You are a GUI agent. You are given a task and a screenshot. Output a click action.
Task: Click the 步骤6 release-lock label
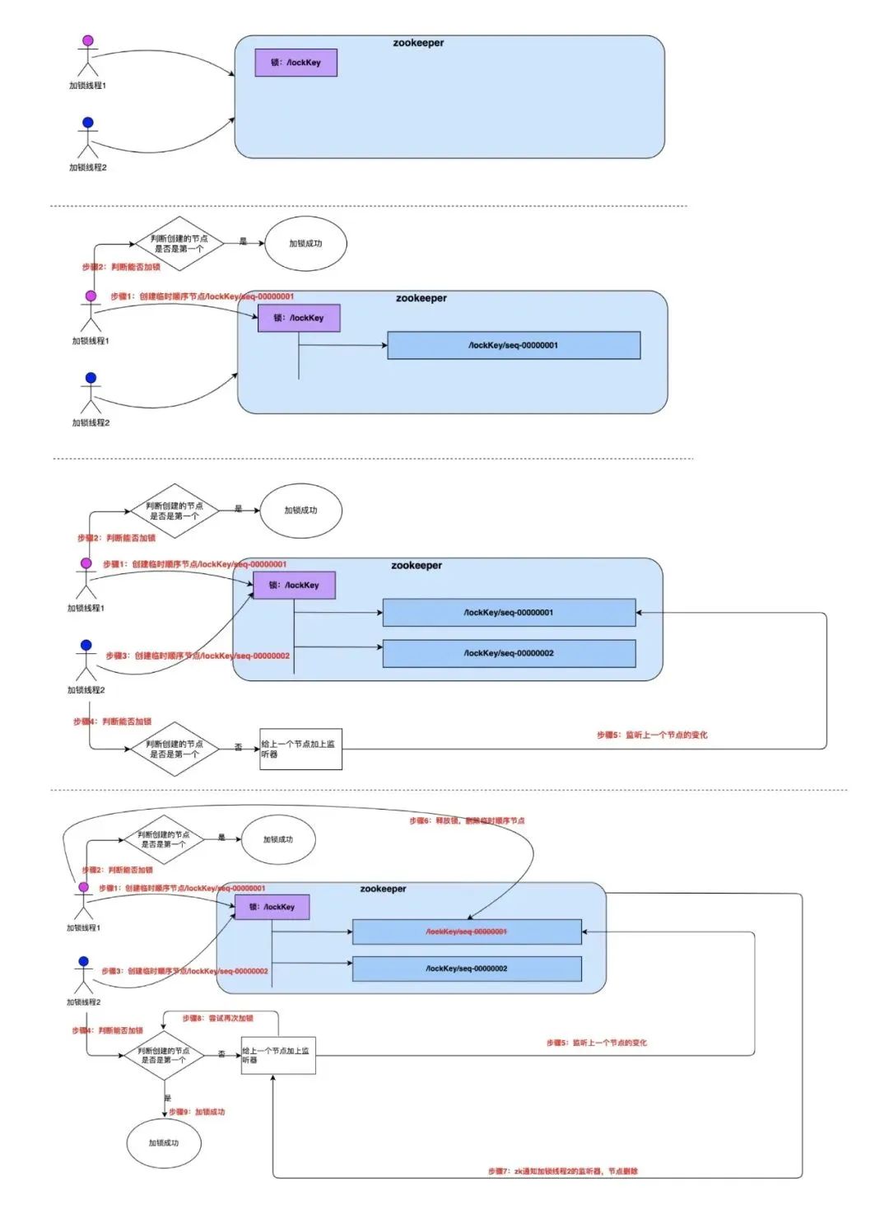(467, 820)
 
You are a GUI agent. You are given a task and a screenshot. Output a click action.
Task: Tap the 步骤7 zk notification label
(562, 1170)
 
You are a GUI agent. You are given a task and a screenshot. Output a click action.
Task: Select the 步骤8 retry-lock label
(217, 1018)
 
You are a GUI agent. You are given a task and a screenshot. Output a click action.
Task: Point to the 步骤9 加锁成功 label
(197, 1112)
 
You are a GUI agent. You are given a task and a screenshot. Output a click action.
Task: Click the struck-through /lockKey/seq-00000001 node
(467, 932)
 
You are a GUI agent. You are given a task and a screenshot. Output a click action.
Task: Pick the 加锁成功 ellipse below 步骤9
(164, 1143)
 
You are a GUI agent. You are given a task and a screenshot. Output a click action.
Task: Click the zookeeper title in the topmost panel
(418, 43)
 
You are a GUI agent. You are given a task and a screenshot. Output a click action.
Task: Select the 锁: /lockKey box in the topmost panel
(296, 63)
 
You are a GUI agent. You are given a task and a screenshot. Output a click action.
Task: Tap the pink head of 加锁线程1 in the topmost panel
(88, 40)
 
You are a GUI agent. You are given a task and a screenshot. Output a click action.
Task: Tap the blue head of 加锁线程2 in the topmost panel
(88, 123)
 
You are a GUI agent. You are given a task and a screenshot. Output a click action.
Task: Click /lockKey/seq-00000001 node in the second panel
(514, 346)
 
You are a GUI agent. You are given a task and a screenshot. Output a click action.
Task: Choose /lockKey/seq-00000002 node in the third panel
(509, 653)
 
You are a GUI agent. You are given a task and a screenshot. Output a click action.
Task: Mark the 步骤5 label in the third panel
(652, 735)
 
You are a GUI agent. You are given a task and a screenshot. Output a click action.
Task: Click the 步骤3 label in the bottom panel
(184, 971)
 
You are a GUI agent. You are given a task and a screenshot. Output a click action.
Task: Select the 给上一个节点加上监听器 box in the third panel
(300, 749)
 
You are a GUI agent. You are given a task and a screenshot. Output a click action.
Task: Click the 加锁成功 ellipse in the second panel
(305, 244)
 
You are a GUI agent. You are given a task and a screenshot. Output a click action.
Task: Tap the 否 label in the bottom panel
(221, 1054)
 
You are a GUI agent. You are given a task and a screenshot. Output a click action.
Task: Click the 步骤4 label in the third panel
(112, 721)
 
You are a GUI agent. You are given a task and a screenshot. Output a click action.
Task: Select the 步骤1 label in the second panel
(202, 296)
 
